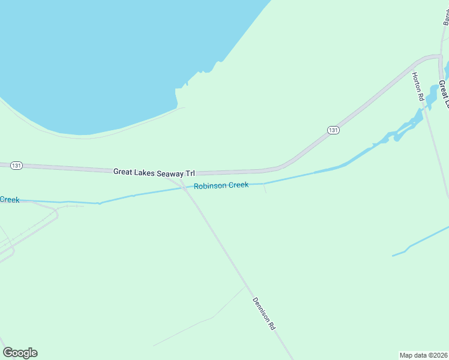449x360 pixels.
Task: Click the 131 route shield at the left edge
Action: pyautogui.click(x=16, y=165)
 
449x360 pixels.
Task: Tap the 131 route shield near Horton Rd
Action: pyautogui.click(x=334, y=130)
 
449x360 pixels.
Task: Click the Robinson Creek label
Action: pyautogui.click(x=221, y=185)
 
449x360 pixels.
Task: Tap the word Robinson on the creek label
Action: pyautogui.click(x=209, y=186)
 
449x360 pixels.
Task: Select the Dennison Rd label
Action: pyautogui.click(x=264, y=314)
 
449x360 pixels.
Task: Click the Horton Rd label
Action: pyautogui.click(x=418, y=86)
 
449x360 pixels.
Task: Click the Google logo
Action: pyautogui.click(x=20, y=353)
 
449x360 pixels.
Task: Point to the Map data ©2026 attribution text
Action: pyautogui.click(x=423, y=355)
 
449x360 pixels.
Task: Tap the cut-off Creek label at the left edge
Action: pyautogui.click(x=10, y=199)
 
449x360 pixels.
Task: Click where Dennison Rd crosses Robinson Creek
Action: pyautogui.click(x=184, y=188)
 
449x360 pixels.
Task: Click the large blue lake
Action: pyautogui.click(x=108, y=54)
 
